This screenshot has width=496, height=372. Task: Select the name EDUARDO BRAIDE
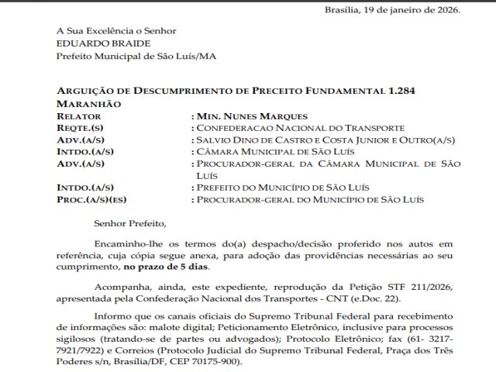point(93,43)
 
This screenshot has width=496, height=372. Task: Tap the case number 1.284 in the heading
point(401,91)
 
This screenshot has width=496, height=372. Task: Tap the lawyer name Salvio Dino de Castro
point(257,139)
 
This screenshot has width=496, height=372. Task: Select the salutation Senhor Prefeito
point(129,224)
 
